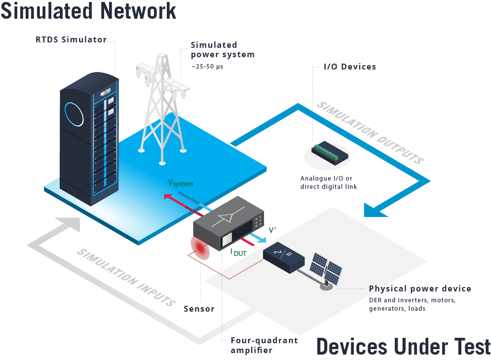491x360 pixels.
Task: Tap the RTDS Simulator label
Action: [71, 40]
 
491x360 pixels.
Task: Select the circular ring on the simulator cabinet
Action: [74, 112]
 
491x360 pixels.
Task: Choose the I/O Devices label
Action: [349, 67]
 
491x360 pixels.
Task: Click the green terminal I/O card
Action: [330, 152]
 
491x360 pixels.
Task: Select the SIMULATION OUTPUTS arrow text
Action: [370, 132]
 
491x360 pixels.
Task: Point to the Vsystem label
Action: [181, 183]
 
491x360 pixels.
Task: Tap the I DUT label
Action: [239, 253]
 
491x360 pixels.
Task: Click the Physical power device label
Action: [420, 288]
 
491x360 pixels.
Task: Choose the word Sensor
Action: [199, 309]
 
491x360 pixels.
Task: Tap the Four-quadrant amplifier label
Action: [264, 345]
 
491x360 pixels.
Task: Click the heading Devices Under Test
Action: [403, 346]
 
